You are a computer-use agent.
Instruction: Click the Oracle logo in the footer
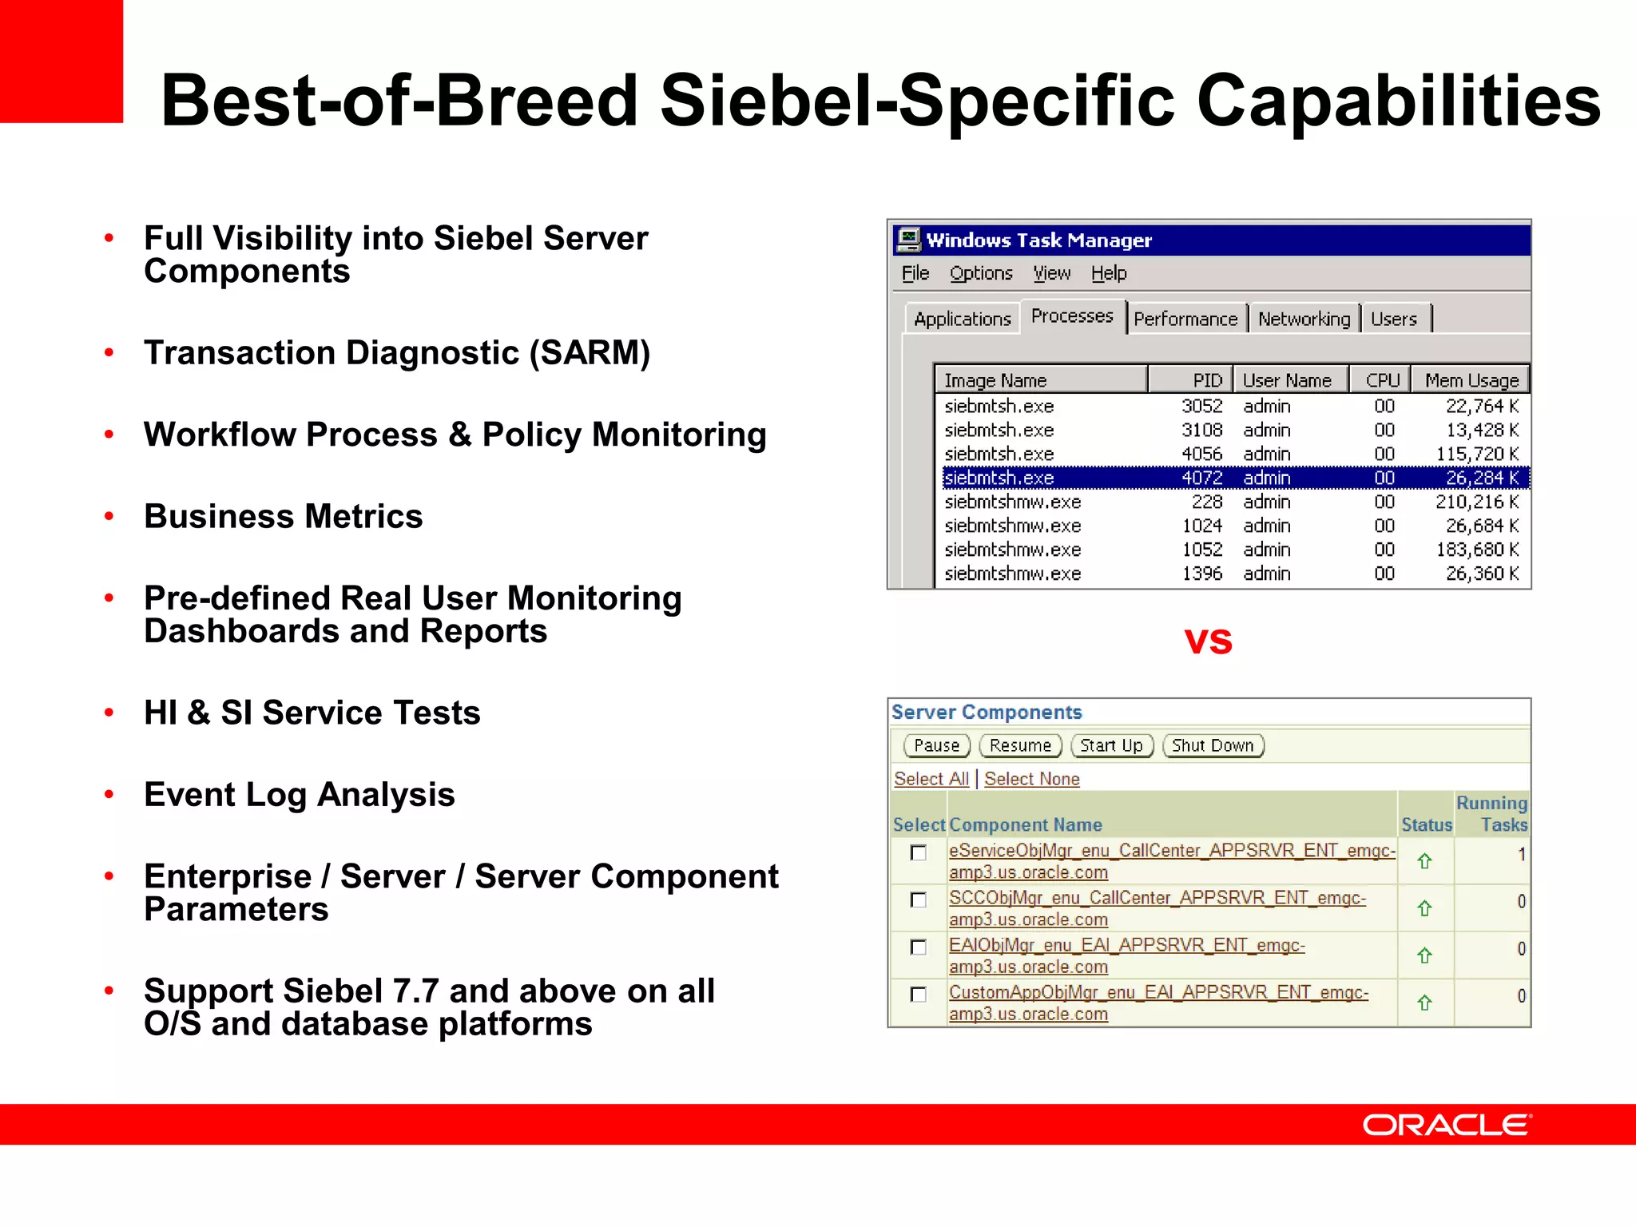tap(1447, 1125)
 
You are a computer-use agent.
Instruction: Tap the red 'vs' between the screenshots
tap(1208, 641)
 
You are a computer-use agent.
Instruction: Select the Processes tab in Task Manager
tap(1071, 316)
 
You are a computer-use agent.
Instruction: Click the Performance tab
tap(1185, 320)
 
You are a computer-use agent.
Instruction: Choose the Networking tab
tap(1304, 320)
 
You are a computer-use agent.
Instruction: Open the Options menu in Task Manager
tap(981, 273)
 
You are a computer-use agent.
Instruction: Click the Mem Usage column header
tap(1471, 380)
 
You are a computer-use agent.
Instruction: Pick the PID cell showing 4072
tap(1201, 478)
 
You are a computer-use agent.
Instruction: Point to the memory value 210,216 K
tap(1476, 502)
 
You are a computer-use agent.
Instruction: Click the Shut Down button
tap(1213, 745)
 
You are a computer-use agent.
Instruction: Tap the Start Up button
tap(1111, 745)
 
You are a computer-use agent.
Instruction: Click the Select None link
tap(1031, 779)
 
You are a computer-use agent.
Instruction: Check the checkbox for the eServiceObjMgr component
tap(919, 853)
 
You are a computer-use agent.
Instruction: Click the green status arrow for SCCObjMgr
tap(1424, 908)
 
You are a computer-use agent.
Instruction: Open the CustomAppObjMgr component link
tap(1158, 993)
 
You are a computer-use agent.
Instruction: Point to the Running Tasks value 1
tap(1521, 854)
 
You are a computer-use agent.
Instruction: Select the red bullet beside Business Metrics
tap(109, 516)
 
